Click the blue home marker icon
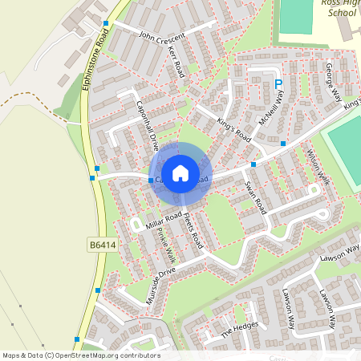[180, 173]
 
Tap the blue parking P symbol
[278, 83]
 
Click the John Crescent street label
[161, 36]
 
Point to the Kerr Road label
[177, 62]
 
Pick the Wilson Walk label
[318, 166]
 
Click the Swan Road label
[255, 196]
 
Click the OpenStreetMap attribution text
[80, 355]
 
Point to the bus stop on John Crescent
[107, 24]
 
